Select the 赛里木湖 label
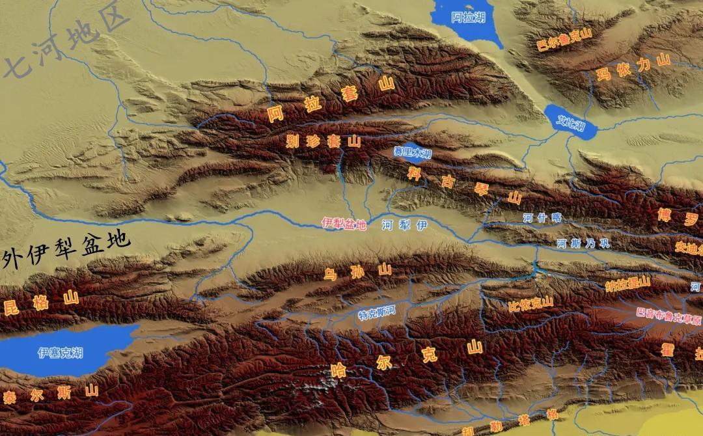point(412,152)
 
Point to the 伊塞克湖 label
point(60,353)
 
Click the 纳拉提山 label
point(627,283)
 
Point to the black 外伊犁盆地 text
point(65,251)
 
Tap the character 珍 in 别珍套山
point(313,141)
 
